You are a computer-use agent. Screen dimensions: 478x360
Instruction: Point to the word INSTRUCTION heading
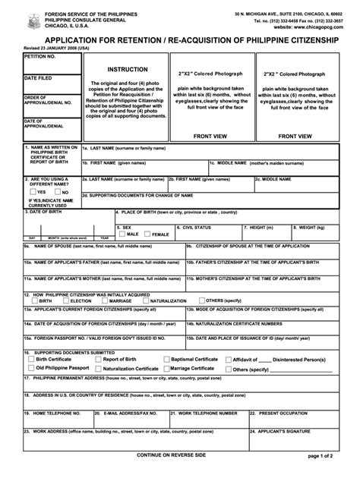pyautogui.click(x=127, y=69)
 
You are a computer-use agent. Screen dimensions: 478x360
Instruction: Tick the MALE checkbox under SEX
pyautogui.click(x=120, y=234)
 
